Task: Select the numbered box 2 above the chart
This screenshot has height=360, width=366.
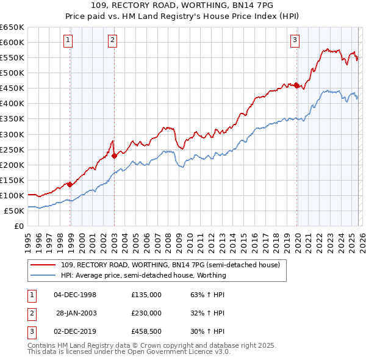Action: [113, 41]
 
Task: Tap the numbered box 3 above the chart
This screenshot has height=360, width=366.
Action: [295, 41]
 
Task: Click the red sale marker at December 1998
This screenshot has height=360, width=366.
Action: [70, 184]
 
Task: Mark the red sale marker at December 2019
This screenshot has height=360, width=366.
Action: [296, 85]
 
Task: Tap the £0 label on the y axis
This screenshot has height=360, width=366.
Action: [18, 226]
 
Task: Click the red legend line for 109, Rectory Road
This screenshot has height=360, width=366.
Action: [44, 265]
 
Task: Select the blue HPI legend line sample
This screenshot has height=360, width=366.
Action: [44, 275]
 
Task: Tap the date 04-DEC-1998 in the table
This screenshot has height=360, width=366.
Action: [75, 295]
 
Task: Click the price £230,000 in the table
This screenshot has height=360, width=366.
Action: [146, 313]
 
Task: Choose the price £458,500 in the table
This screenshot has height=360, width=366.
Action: [146, 331]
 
